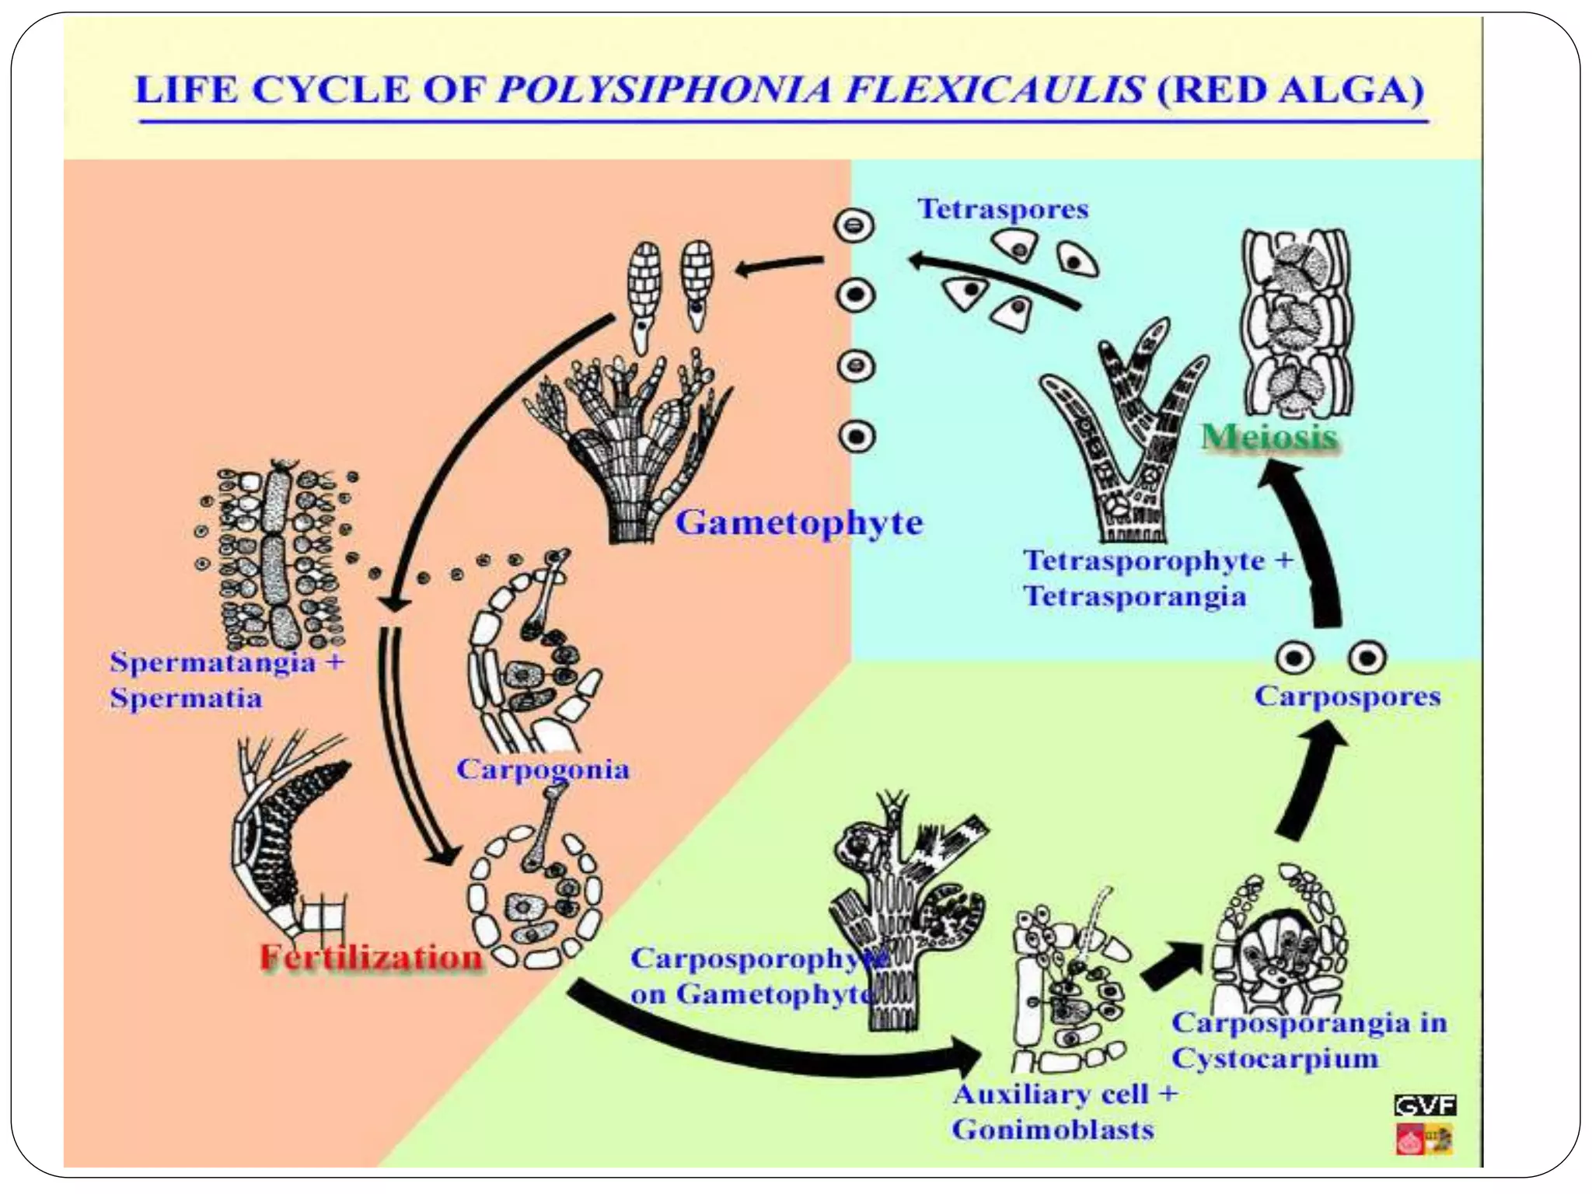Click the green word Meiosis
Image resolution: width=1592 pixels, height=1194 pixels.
coord(1269,436)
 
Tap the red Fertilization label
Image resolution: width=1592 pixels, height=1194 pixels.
coord(371,957)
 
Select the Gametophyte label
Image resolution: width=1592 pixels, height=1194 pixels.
coord(798,522)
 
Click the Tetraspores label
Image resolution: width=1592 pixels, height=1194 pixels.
coord(1003,209)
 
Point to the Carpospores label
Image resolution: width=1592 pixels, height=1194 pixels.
coord(1347,696)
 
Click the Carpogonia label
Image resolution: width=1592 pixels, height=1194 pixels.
coord(543,770)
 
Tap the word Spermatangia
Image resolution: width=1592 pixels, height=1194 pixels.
coord(212,662)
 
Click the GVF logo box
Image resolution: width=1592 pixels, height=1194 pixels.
coord(1425,1105)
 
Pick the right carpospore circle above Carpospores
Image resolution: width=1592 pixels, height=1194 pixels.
coord(1367,658)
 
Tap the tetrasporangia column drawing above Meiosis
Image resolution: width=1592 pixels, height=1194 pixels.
coord(1295,323)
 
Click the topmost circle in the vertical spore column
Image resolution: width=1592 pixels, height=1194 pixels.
coord(854,226)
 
